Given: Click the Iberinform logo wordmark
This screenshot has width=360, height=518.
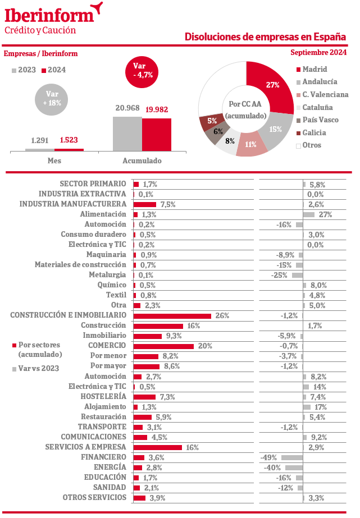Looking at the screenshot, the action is (49, 16).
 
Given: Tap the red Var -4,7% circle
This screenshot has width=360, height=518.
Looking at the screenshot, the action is (142, 72).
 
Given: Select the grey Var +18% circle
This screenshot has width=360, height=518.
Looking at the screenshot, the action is (51, 99).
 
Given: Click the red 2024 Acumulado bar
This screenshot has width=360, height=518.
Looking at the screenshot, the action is (157, 135).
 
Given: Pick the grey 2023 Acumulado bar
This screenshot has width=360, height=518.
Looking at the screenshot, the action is (127, 134).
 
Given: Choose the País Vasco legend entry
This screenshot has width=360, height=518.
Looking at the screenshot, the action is (317, 120).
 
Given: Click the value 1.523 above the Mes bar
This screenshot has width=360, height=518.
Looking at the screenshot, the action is (69, 140).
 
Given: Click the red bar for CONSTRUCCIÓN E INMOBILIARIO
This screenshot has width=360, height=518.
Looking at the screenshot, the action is (172, 316).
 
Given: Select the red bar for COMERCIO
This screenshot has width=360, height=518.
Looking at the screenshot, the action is (163, 346).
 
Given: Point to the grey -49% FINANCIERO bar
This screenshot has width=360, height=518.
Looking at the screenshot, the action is (292, 457).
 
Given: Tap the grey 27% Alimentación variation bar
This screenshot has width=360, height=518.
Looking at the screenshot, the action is (309, 215).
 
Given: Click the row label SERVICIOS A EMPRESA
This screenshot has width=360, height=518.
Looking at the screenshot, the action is (85, 447).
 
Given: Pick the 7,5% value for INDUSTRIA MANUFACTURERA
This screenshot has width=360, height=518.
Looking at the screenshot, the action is (168, 204).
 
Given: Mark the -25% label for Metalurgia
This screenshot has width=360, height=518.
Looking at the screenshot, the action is (279, 275).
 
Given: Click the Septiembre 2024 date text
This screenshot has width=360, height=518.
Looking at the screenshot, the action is (318, 52).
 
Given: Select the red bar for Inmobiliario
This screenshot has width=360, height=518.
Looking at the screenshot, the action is (148, 336).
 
